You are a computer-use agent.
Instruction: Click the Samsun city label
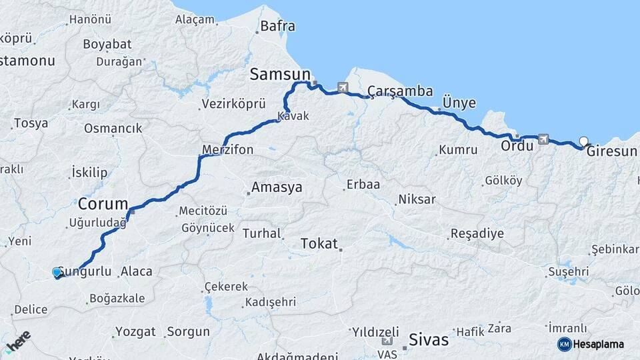[x=280, y=74]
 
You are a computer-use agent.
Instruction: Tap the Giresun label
[x=612, y=151]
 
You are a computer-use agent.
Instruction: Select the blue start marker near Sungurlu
[x=57, y=272]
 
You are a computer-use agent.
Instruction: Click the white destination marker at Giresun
[x=584, y=141]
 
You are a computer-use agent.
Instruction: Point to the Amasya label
[x=275, y=187]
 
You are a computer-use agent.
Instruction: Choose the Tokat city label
[x=319, y=243]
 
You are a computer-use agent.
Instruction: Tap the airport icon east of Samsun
[x=343, y=87]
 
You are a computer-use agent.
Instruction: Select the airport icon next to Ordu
[x=543, y=139]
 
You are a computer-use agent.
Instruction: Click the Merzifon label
[x=228, y=149]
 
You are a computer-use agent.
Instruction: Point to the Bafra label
[x=277, y=27]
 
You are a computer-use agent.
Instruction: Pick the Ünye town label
[x=459, y=103]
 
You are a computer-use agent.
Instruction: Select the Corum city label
[x=103, y=203]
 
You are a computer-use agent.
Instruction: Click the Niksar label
[x=417, y=199]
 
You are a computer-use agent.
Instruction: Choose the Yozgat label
[x=135, y=331]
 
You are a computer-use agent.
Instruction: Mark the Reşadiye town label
[x=477, y=233]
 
